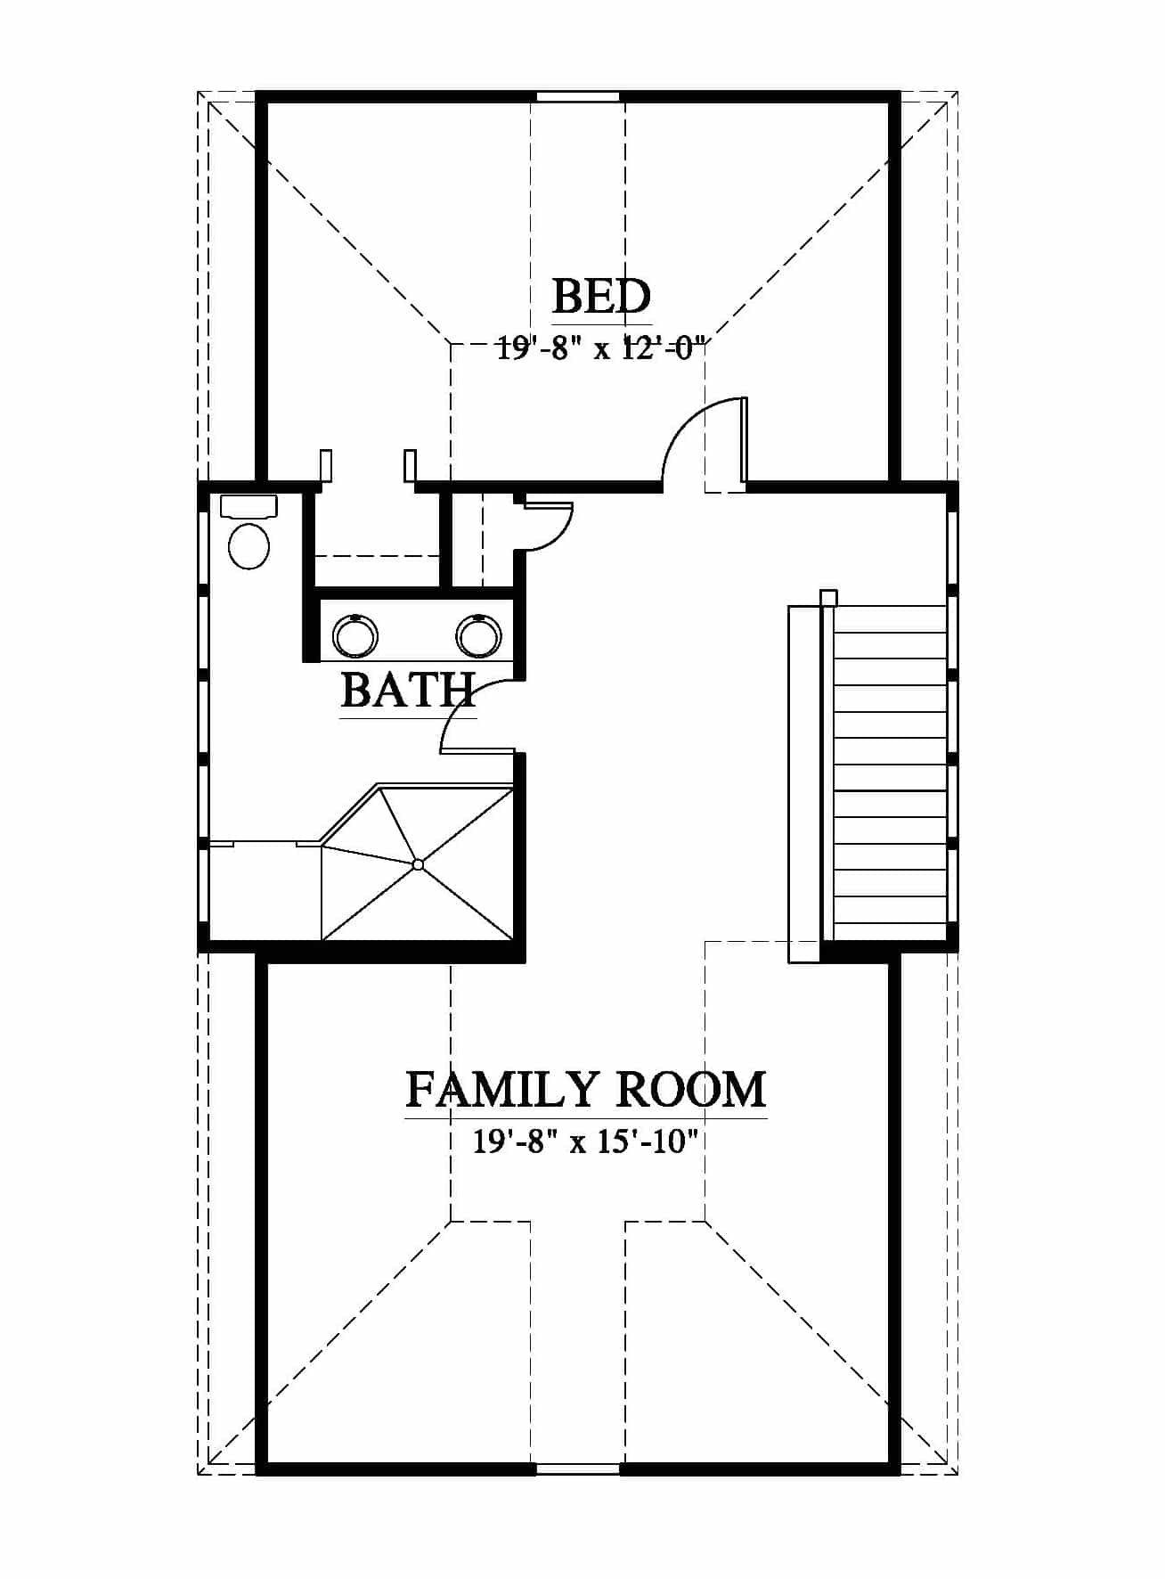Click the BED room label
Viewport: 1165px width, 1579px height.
[602, 297]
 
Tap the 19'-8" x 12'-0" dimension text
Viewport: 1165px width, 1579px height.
[601, 348]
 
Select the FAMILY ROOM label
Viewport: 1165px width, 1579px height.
[586, 1089]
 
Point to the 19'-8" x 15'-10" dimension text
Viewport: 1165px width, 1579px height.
[583, 1141]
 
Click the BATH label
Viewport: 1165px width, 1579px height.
[408, 690]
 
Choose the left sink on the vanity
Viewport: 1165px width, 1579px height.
[355, 636]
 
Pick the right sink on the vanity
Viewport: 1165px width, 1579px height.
[479, 636]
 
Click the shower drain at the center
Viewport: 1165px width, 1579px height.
[418, 863]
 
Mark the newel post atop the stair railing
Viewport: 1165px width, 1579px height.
[828, 598]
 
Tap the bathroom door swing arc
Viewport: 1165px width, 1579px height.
[456, 713]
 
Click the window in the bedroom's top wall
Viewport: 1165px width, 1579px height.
[577, 96]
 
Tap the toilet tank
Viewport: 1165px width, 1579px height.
[248, 506]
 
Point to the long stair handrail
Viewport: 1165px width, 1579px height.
[803, 784]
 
